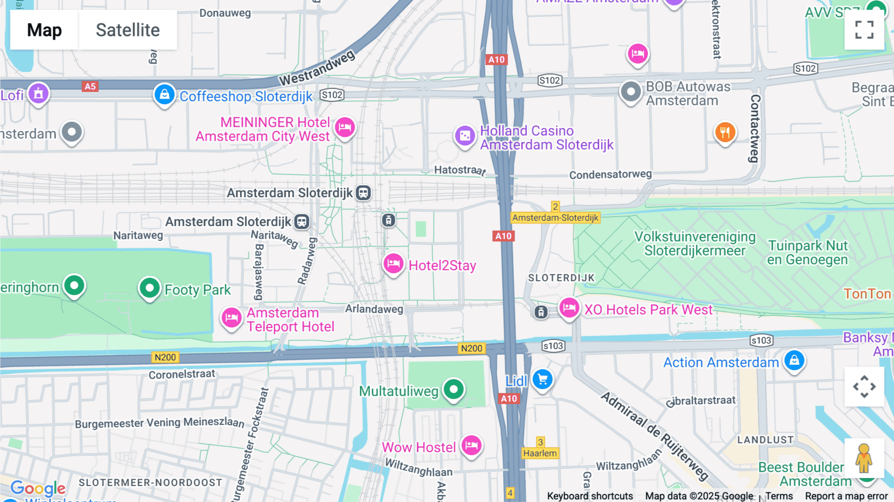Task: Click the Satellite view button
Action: pyautogui.click(x=128, y=30)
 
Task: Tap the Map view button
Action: pyautogui.click(x=44, y=30)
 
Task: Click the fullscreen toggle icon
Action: pyautogui.click(x=864, y=30)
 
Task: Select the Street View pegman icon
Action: pyautogui.click(x=864, y=458)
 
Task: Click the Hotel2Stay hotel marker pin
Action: pyautogui.click(x=393, y=263)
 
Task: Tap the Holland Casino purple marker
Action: pyautogui.click(x=465, y=135)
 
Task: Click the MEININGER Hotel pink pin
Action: pyautogui.click(x=345, y=128)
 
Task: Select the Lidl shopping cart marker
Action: pyautogui.click(x=542, y=380)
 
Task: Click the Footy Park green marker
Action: pyautogui.click(x=149, y=288)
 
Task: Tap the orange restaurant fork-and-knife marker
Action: pyautogui.click(x=725, y=132)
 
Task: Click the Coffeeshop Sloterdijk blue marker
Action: pyautogui.click(x=164, y=94)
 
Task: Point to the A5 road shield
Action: pyautogui.click(x=90, y=86)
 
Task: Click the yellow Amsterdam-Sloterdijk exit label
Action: pyautogui.click(x=555, y=218)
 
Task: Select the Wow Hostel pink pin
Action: pyautogui.click(x=471, y=445)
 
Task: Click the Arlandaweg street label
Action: pyautogui.click(x=374, y=309)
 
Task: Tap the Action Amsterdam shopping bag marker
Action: pyautogui.click(x=794, y=360)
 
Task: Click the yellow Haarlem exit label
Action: pyautogui.click(x=539, y=453)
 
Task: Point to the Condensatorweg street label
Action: pyautogui.click(x=610, y=174)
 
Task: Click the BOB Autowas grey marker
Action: pyautogui.click(x=631, y=92)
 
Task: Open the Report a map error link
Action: pyautogui.click(x=846, y=496)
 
